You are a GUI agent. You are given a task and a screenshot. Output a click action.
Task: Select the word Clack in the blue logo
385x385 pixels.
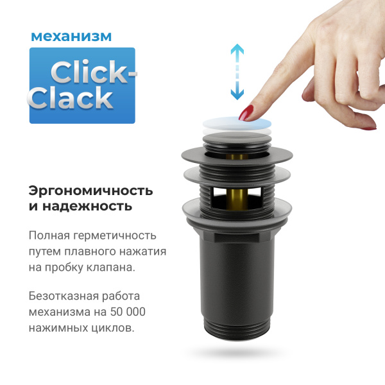(71, 98)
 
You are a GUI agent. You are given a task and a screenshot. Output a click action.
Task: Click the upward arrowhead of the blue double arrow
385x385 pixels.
(237, 49)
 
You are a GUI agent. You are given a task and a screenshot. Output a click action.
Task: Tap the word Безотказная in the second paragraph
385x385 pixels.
(64, 296)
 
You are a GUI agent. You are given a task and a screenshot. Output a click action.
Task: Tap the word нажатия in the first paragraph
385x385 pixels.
(144, 252)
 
